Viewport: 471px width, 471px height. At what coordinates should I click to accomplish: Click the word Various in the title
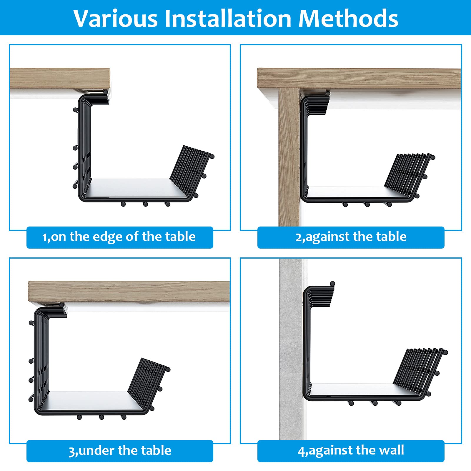click(x=116, y=19)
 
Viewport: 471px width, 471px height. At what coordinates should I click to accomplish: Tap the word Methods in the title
click(x=348, y=19)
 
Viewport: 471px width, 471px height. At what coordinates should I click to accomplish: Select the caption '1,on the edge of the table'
click(x=119, y=237)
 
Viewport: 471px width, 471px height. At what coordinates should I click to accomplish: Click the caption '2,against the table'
click(x=351, y=237)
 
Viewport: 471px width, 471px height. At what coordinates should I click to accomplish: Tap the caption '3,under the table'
click(x=119, y=451)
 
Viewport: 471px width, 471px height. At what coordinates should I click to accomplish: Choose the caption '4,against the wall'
click(x=351, y=451)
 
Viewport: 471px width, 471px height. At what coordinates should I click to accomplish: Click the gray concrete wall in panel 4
click(x=290, y=353)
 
